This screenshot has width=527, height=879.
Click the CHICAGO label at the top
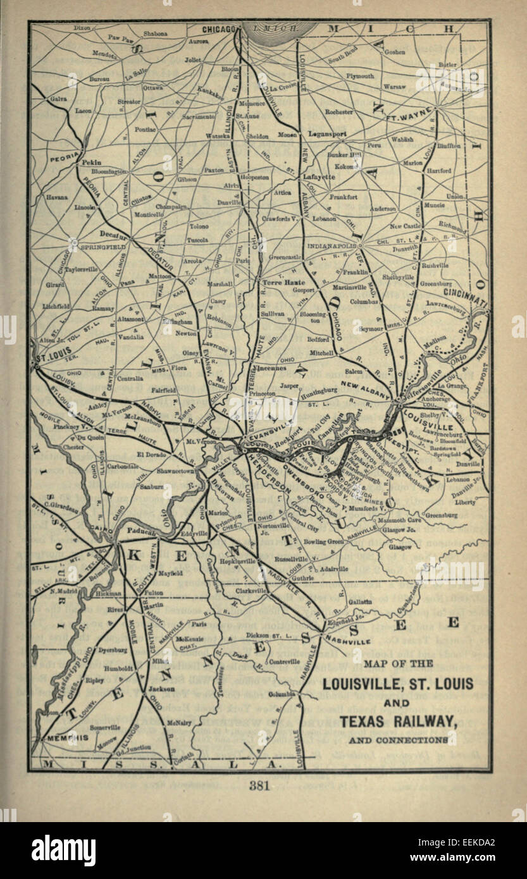coord(218,29)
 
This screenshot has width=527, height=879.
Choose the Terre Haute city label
coord(279,282)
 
